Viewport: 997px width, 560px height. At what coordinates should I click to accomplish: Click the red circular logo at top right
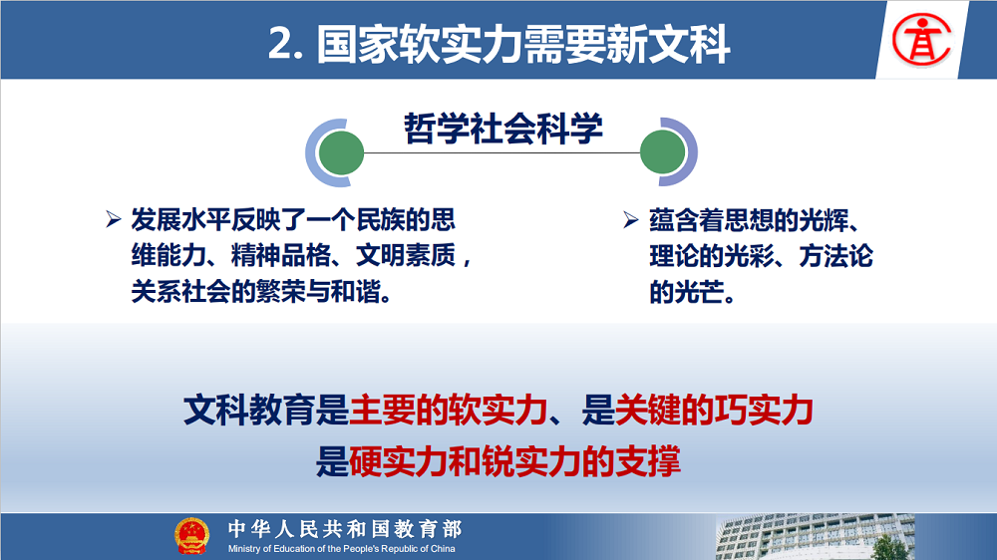pos(921,40)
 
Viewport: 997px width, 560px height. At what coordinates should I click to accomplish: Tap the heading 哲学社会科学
pos(502,129)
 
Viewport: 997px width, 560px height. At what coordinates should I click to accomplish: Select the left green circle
pos(341,152)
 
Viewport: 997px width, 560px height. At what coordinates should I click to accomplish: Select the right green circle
pos(663,152)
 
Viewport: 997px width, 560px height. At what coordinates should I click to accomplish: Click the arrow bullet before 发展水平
pos(114,219)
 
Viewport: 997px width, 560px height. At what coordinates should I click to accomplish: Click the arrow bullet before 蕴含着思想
pos(631,220)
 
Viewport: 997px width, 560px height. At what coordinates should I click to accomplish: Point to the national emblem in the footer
pos(191,536)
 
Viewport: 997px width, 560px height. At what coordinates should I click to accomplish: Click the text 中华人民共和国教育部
pos(345,528)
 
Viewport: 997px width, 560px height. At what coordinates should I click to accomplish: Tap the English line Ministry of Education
pos(341,549)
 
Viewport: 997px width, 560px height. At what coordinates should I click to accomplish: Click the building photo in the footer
pos(816,537)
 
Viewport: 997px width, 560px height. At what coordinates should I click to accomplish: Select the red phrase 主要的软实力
pos(449,410)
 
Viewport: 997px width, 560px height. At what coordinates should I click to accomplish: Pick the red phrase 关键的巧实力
pos(714,410)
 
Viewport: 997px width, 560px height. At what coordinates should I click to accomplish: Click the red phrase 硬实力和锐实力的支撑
pos(514,461)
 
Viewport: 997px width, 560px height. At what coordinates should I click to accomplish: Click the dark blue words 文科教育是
pos(266,410)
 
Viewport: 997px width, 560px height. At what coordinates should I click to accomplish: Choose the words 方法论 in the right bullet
pos(835,256)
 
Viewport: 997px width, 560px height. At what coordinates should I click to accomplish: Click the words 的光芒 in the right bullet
pos(687,292)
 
